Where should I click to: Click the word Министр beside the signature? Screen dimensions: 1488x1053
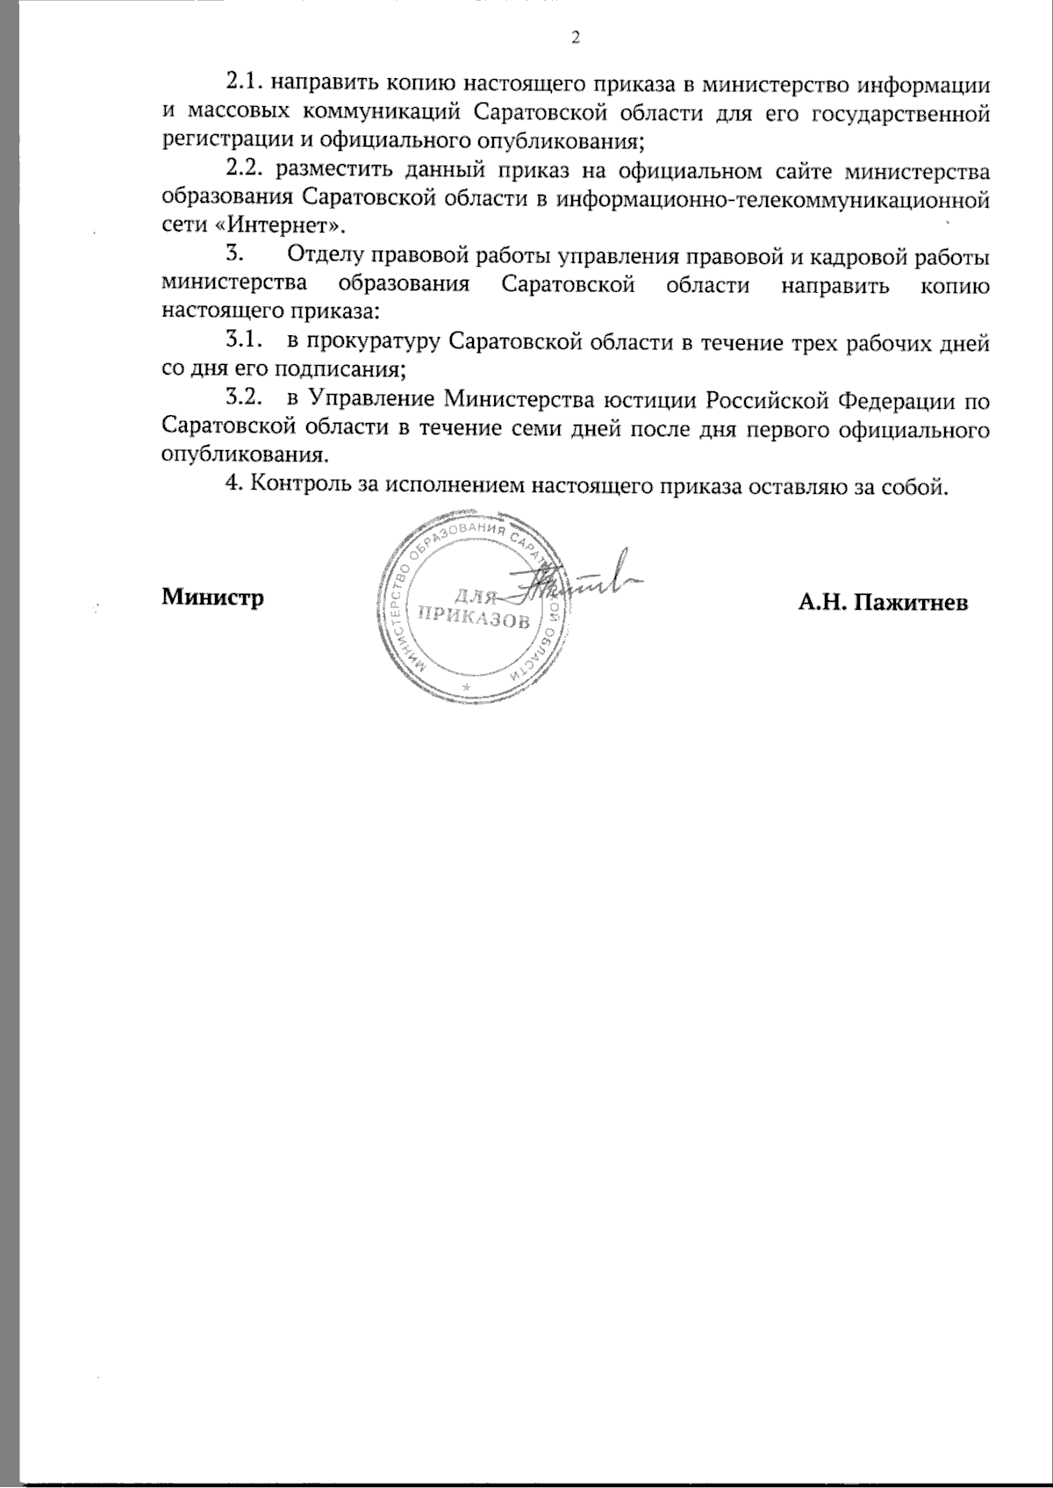click(x=213, y=598)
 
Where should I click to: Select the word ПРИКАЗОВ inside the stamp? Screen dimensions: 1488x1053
click(x=475, y=619)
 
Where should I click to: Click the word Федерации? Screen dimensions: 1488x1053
click(x=894, y=400)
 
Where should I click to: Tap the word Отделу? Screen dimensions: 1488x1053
click(x=323, y=256)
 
